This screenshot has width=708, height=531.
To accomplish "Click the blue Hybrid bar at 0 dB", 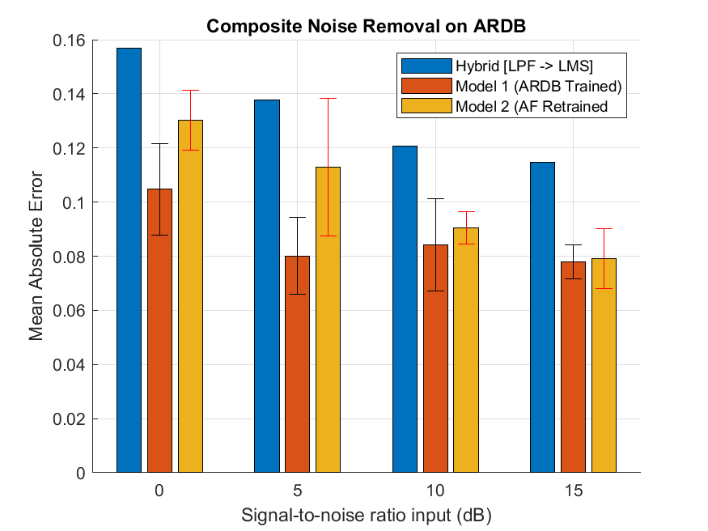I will pyautogui.click(x=129, y=259).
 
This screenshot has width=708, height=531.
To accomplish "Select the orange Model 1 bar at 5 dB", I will pyautogui.click(x=298, y=364).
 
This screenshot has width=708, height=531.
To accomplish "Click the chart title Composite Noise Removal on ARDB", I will pyautogui.click(x=367, y=26).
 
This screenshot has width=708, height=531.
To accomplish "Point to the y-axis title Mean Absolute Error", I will pyautogui.click(x=36, y=257).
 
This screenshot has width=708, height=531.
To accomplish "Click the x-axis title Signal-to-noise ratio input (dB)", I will pyautogui.click(x=367, y=516).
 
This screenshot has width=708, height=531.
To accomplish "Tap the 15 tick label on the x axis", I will pyautogui.click(x=573, y=491).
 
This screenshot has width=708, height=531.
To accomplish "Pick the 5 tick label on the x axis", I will pyautogui.click(x=298, y=491).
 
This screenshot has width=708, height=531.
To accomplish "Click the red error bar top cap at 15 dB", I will pyautogui.click(x=604, y=229).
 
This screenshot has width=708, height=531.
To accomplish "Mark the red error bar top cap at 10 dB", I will pyautogui.click(x=466, y=212).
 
